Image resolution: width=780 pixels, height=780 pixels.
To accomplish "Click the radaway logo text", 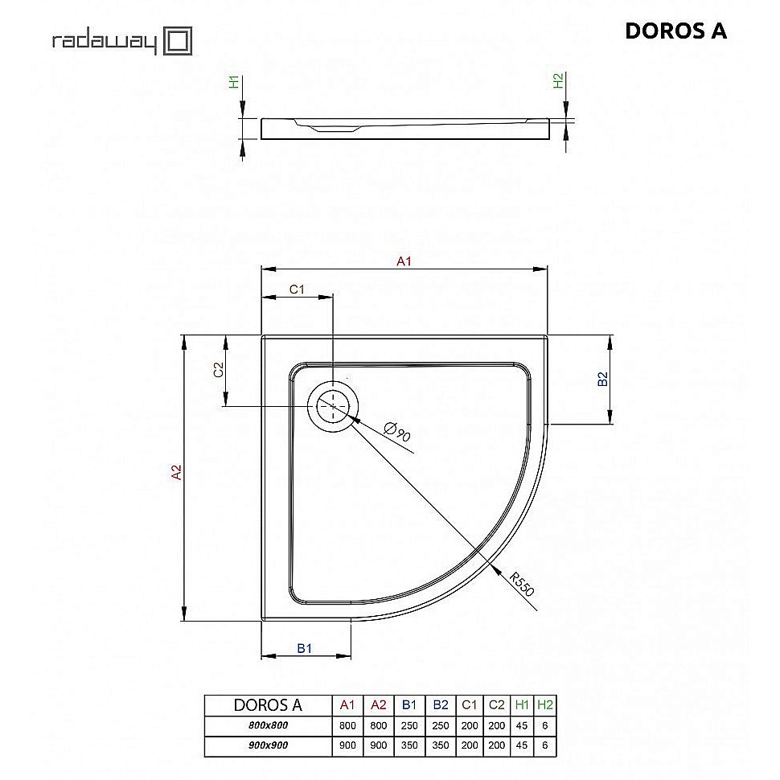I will click(x=104, y=41).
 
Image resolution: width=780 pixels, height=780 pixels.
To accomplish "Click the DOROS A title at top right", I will click(x=675, y=31).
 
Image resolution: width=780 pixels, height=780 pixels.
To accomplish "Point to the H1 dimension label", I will click(x=234, y=82).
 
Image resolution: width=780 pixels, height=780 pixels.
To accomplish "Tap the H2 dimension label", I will click(x=558, y=81).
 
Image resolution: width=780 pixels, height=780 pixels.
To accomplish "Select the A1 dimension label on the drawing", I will click(x=404, y=261).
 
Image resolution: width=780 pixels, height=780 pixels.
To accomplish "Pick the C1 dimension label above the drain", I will click(x=297, y=289).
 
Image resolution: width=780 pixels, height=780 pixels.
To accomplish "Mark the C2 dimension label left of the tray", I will click(x=217, y=370).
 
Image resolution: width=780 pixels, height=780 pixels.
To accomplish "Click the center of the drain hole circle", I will click(x=332, y=406).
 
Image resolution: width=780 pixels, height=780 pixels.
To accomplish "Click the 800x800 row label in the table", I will click(x=267, y=725).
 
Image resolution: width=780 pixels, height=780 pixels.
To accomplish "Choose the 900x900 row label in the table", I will click(x=267, y=745).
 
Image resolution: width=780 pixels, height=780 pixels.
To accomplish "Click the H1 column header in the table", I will click(x=521, y=705).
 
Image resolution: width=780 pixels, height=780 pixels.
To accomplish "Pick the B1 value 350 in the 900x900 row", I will click(x=409, y=745).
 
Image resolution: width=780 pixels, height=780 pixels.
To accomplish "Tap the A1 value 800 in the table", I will click(x=347, y=725).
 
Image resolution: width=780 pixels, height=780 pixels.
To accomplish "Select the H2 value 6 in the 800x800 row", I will click(x=545, y=725).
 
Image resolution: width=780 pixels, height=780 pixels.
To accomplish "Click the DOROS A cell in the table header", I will click(x=267, y=705).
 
